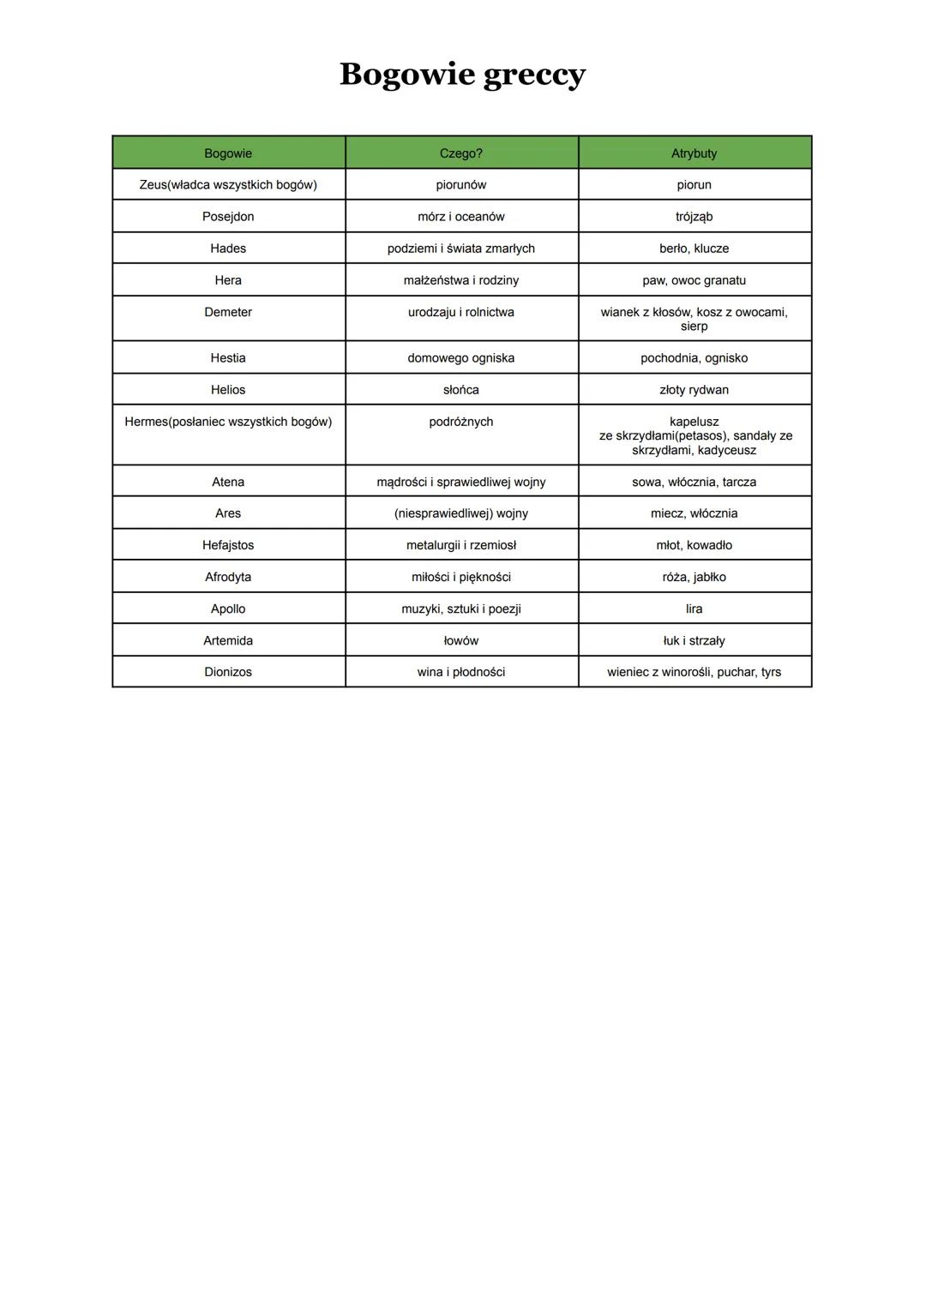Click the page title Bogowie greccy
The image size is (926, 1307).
(x=462, y=75)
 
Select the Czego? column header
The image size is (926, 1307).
(x=461, y=153)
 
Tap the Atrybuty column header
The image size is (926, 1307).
(x=694, y=153)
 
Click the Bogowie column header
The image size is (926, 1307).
(x=228, y=153)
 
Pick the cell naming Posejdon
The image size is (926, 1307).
(x=228, y=217)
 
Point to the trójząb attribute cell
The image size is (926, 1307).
(x=694, y=217)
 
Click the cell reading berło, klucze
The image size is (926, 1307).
(x=694, y=249)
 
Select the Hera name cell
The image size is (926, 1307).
(x=228, y=280)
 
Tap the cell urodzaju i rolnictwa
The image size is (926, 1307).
(x=461, y=313)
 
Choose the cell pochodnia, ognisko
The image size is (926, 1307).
(x=694, y=358)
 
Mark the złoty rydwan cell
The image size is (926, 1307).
(x=694, y=390)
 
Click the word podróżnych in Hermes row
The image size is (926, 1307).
(x=461, y=422)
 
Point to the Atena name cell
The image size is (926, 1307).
(x=228, y=482)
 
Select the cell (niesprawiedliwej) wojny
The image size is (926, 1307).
(x=461, y=513)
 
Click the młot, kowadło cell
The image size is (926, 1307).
(x=694, y=545)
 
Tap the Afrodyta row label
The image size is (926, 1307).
(x=228, y=577)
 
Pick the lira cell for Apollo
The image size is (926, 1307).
(x=694, y=609)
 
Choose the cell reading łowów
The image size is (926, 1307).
(x=461, y=640)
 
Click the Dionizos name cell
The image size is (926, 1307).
(x=228, y=672)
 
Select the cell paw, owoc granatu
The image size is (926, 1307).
(x=694, y=280)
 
